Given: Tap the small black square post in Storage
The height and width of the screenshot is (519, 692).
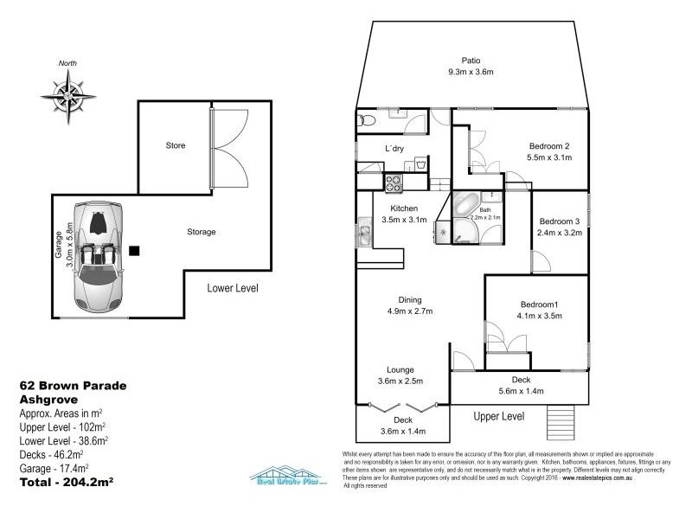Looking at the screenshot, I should point(135,251).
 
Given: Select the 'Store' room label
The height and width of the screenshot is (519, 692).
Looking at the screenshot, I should point(176,145).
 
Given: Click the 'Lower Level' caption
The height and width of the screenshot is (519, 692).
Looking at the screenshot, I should point(232,288).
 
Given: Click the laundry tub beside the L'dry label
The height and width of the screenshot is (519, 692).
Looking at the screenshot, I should point(418,162).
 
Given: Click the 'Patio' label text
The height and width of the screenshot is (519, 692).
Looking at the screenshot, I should point(471,61).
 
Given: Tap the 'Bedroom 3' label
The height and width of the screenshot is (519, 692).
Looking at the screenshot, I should point(559,221).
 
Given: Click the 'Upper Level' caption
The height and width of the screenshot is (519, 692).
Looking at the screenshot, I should point(499,417).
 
